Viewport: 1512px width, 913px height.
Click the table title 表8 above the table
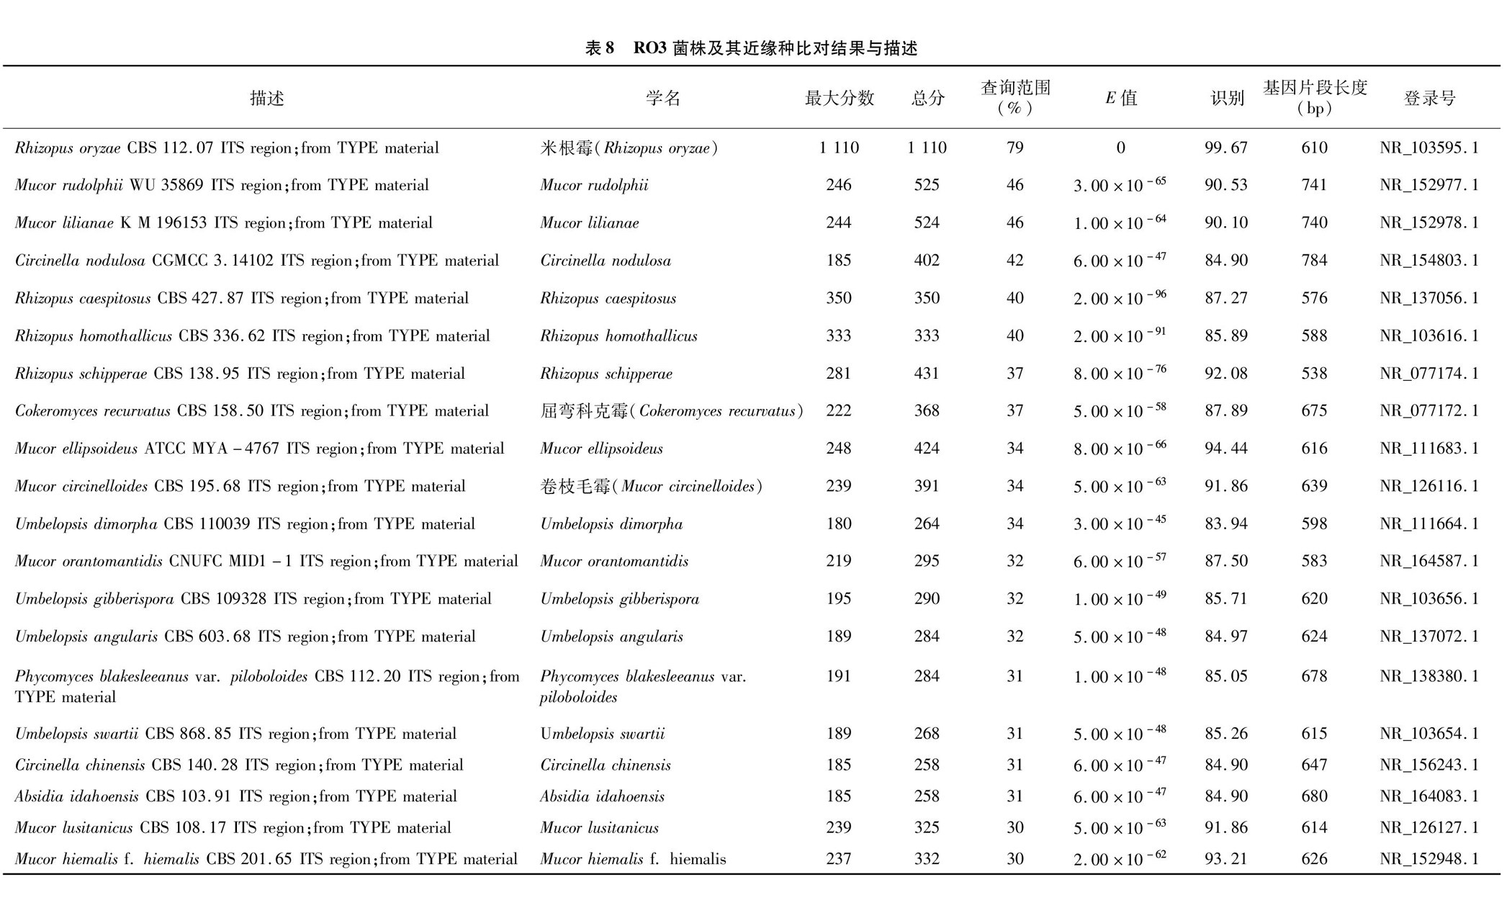[x=751, y=48]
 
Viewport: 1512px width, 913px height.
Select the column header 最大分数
[x=839, y=98]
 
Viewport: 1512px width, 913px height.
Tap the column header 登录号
[x=1429, y=98]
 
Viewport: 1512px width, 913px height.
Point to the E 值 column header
[x=1121, y=98]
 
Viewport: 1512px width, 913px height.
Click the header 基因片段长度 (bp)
[x=1315, y=98]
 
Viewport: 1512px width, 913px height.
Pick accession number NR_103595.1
[x=1429, y=148]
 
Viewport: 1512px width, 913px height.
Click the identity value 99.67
[x=1226, y=148]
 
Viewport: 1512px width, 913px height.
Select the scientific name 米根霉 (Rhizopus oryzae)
[x=629, y=148]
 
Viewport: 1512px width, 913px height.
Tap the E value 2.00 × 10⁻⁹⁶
[x=1120, y=298]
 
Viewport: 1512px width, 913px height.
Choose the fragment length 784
[x=1314, y=260]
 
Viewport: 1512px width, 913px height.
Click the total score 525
[x=927, y=185]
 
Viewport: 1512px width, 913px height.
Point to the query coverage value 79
[x=1014, y=148]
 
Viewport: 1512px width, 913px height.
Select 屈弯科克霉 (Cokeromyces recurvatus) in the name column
[x=671, y=410]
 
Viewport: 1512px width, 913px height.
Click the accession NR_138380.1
[x=1429, y=676]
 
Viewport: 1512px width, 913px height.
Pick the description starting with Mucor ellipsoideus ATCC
[x=259, y=449]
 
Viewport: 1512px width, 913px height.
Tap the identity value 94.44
[x=1226, y=449]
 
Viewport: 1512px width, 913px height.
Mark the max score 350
[x=839, y=298]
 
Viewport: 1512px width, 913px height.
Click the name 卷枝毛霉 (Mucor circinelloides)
[x=651, y=486]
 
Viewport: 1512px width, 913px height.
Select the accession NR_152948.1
[x=1429, y=859]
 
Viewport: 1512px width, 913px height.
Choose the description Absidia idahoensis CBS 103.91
[x=236, y=796]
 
